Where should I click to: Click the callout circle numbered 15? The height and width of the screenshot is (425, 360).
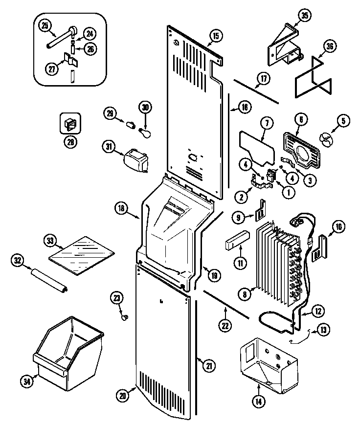point(215,35)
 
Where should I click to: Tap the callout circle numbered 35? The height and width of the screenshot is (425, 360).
point(305,16)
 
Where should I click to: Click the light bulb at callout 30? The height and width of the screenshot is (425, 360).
point(145,132)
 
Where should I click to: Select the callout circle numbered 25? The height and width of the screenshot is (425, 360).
point(45,26)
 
